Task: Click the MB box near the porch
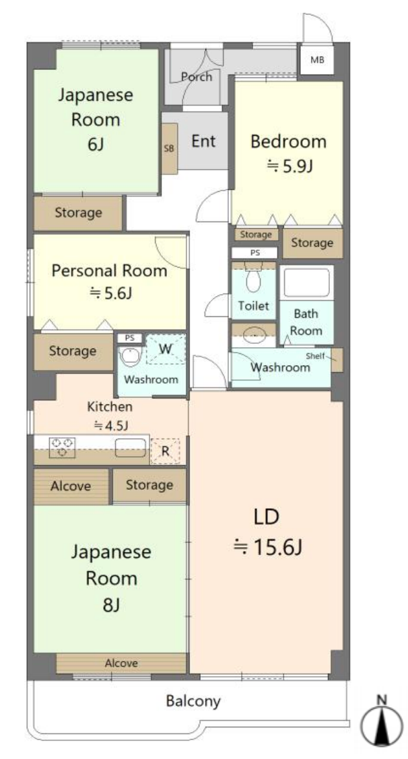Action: click(x=317, y=61)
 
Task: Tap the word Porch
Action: click(x=196, y=77)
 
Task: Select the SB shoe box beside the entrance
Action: click(x=169, y=149)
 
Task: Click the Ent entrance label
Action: click(x=203, y=141)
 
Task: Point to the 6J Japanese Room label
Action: click(x=95, y=145)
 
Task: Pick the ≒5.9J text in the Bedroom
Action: click(x=290, y=166)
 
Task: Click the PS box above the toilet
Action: click(x=254, y=252)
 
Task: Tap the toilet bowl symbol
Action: click(x=254, y=279)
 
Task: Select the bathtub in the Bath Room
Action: click(x=306, y=283)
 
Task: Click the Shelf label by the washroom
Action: click(x=316, y=356)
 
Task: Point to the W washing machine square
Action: click(x=164, y=349)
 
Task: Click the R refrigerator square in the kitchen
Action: click(x=165, y=451)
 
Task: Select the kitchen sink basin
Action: click(x=131, y=447)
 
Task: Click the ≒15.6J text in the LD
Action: click(x=267, y=548)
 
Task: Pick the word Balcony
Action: click(x=193, y=701)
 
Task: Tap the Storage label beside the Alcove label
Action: click(x=149, y=485)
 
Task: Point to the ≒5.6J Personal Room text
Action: click(x=110, y=293)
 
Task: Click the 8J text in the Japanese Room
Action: click(x=111, y=605)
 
